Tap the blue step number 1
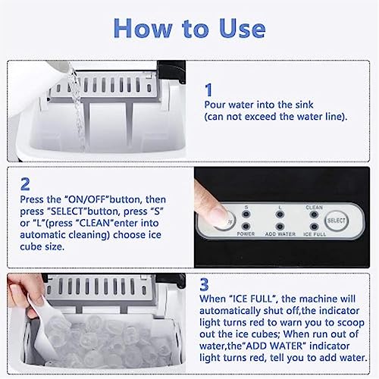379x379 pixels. click(x=209, y=89)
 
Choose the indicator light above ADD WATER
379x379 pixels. click(x=280, y=227)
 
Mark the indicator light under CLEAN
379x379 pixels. click(x=314, y=215)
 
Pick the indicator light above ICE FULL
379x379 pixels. click(x=314, y=227)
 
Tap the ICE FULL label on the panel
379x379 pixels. click(x=315, y=235)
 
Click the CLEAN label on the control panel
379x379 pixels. click(x=314, y=206)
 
